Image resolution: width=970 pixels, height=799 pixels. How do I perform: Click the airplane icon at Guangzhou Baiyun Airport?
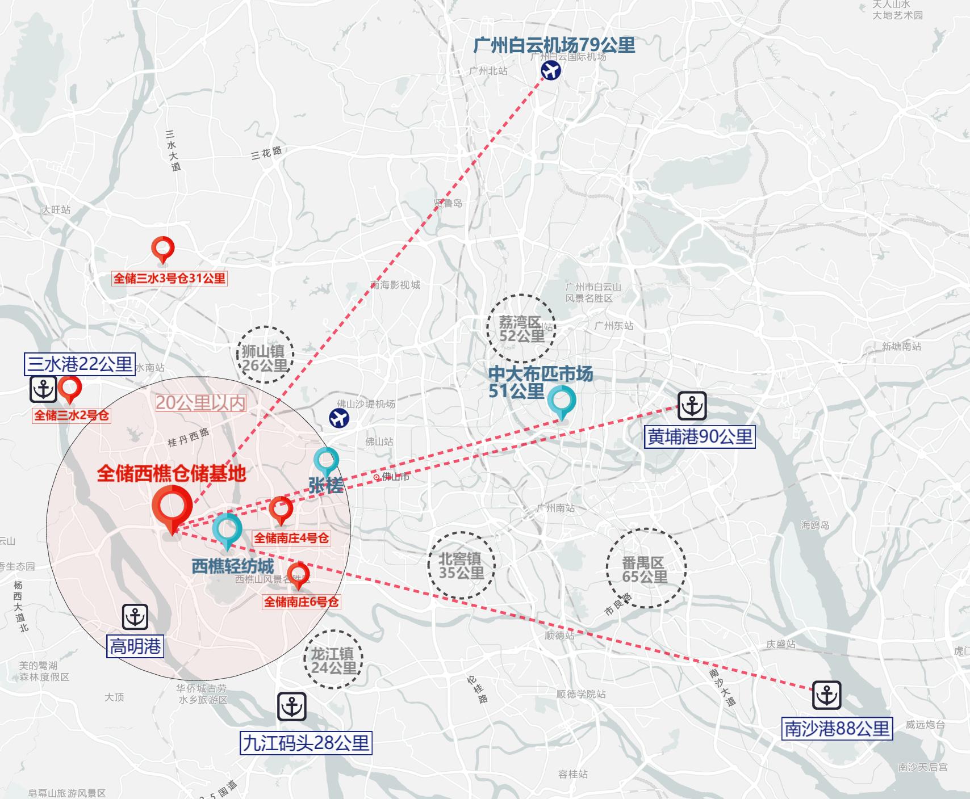point(550,71)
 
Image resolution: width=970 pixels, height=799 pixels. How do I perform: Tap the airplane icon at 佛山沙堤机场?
point(339,418)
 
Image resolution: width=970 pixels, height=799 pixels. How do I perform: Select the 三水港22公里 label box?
point(80,364)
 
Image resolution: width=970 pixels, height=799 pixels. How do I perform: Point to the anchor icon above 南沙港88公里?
point(826,695)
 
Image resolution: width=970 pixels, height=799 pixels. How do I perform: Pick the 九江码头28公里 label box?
point(306,743)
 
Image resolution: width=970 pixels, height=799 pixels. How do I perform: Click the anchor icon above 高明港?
point(135,617)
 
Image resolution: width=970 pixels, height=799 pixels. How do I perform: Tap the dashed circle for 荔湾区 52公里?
point(521,329)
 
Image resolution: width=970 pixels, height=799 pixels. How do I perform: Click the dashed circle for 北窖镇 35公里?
point(461,565)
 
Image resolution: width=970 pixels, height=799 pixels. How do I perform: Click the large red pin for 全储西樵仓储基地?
point(172,506)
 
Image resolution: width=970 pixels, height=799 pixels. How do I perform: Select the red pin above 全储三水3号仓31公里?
point(163,249)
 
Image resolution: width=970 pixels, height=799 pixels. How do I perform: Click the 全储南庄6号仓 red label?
point(301,602)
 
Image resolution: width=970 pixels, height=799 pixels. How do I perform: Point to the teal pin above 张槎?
point(327,461)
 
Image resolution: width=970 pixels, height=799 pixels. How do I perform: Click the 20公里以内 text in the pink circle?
point(200,403)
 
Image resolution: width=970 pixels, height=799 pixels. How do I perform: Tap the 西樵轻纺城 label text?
point(233,566)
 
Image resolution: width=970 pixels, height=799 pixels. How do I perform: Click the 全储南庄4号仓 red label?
point(291,538)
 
